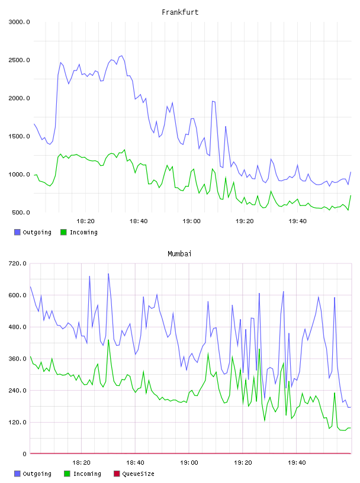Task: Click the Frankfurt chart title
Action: point(180,12)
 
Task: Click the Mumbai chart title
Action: point(179,254)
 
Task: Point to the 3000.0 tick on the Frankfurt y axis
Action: point(19,22)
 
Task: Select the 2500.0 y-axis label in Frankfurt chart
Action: point(19,60)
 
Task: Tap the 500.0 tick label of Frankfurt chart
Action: point(21,212)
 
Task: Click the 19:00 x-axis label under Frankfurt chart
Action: point(191,221)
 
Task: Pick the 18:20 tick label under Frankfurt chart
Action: point(85,221)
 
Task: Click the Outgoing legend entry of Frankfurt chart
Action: point(33,232)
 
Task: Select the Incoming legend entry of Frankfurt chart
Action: point(79,232)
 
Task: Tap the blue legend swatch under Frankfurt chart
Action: point(17,232)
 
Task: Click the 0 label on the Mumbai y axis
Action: point(24,454)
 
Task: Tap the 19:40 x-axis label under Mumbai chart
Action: point(297,463)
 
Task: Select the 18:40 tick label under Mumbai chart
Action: point(135,463)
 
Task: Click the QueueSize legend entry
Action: point(134,474)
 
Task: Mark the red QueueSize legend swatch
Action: point(117,474)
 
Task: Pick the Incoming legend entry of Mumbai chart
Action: point(82,474)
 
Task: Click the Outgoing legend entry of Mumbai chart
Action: point(33,474)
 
